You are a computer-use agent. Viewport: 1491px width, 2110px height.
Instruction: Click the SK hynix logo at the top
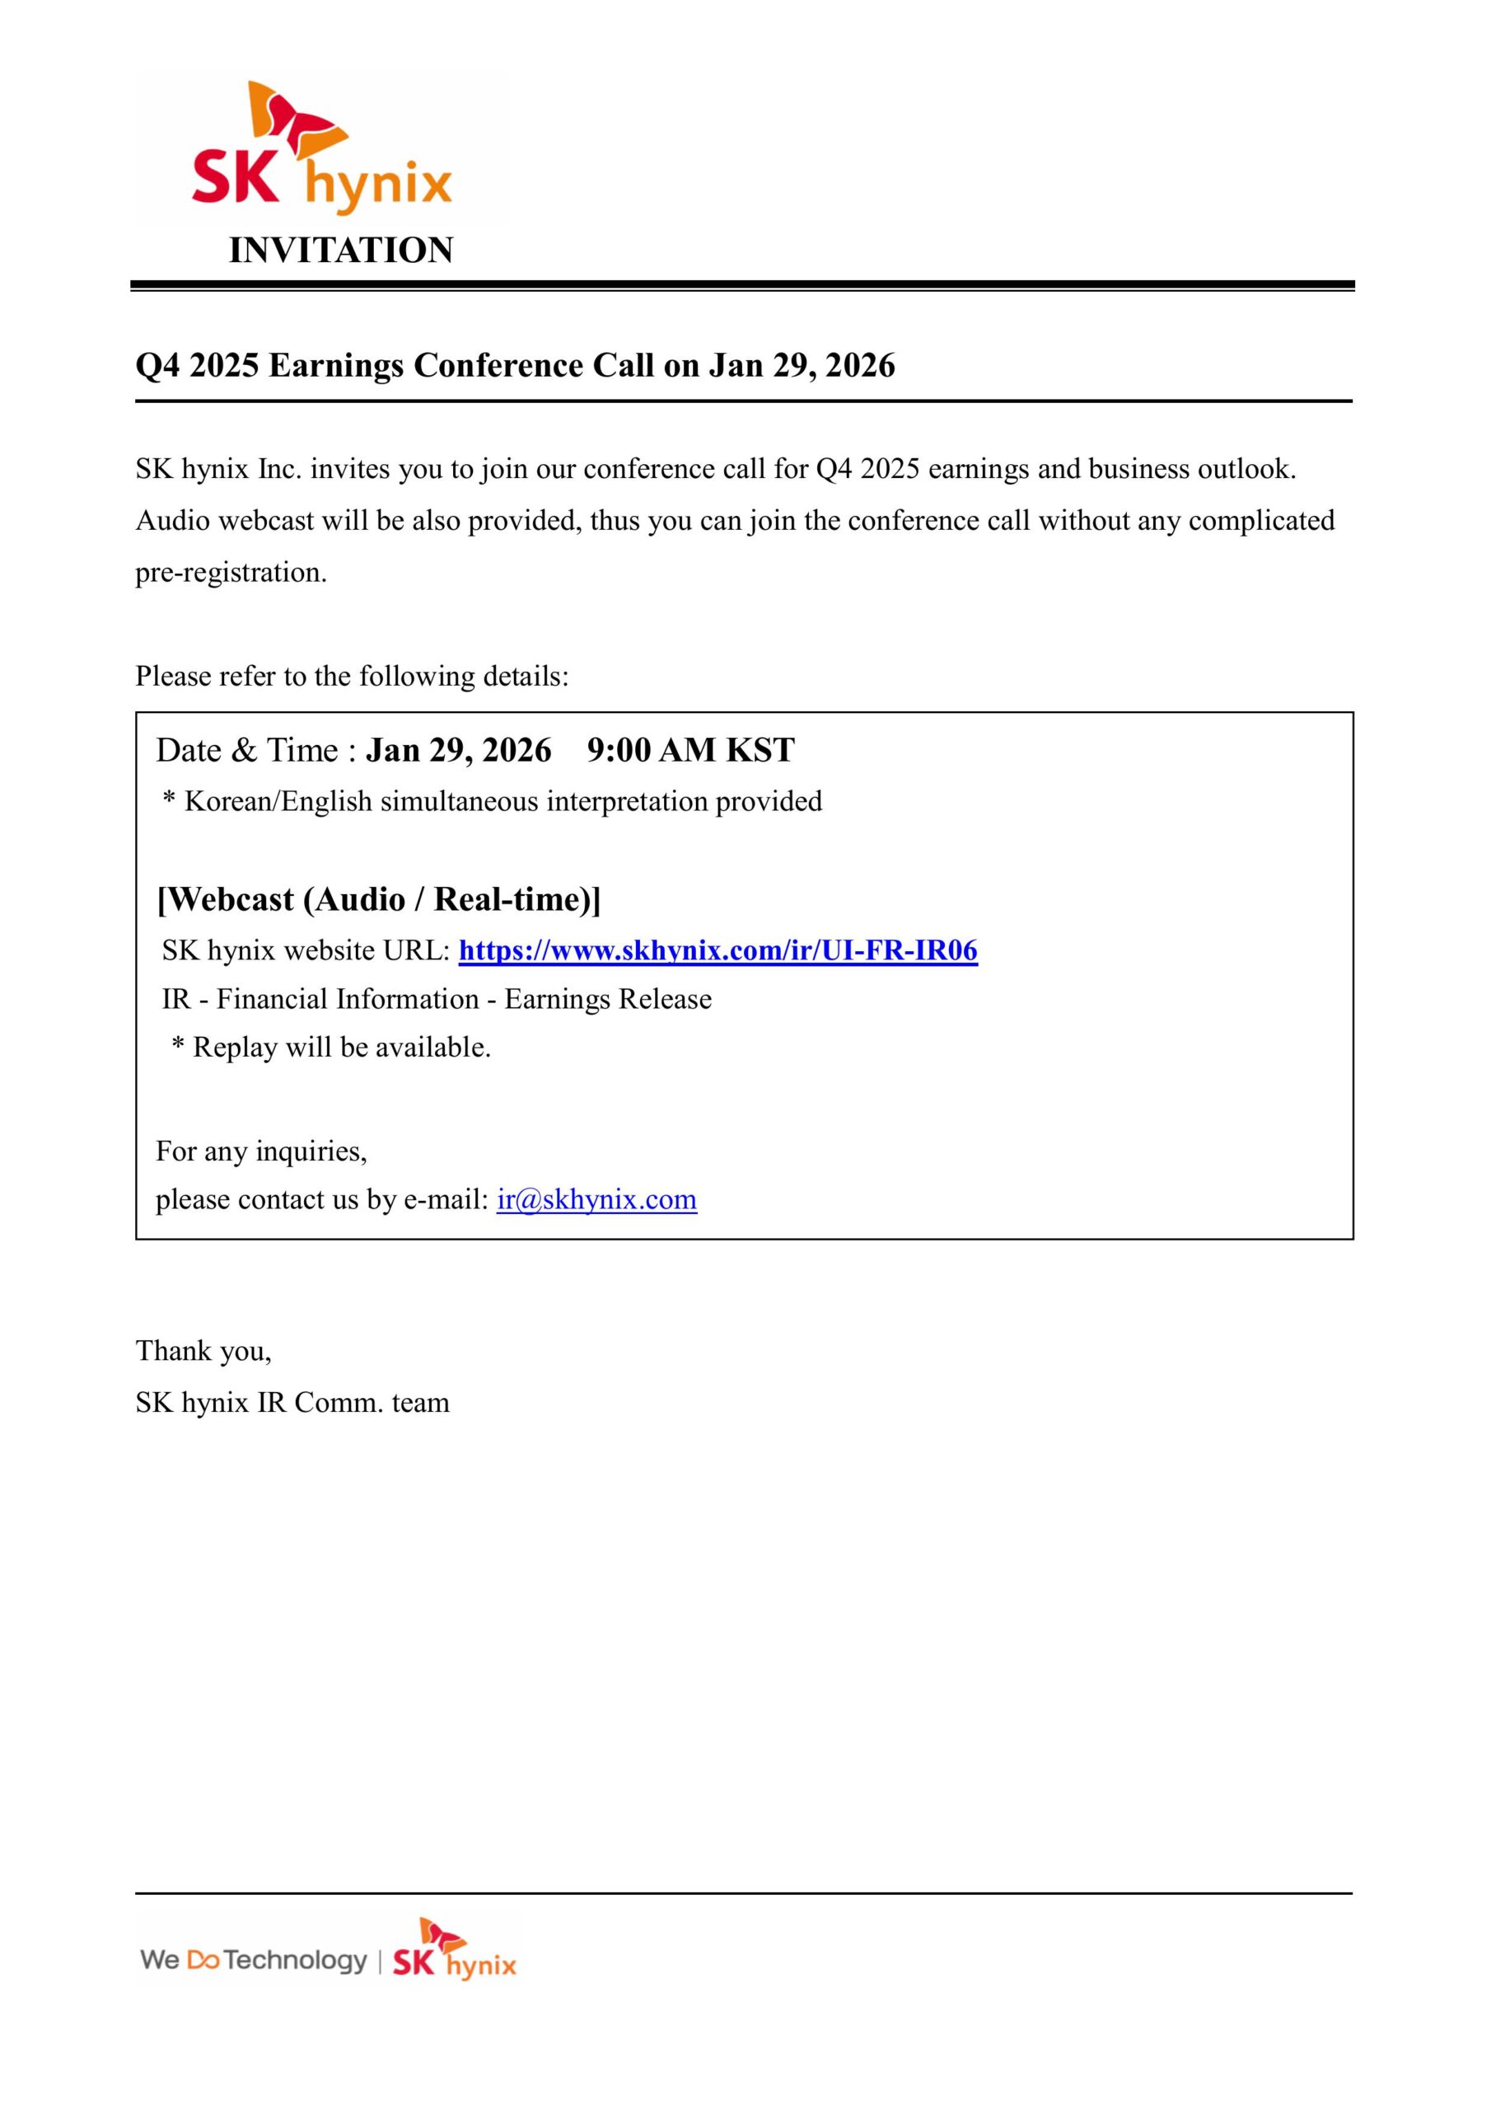click(x=321, y=152)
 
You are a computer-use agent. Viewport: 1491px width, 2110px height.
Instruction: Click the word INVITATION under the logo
click(x=341, y=251)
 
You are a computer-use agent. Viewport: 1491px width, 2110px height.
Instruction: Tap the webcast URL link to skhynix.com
click(x=717, y=950)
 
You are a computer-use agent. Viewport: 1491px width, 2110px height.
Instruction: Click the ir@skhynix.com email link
click(x=596, y=1199)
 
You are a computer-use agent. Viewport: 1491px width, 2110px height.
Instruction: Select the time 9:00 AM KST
click(x=691, y=751)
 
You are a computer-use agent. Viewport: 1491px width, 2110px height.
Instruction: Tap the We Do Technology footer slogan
click(x=253, y=1959)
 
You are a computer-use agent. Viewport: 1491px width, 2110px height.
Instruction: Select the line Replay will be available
click(x=342, y=1048)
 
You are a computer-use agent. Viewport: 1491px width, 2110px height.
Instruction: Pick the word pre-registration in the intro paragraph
click(x=231, y=573)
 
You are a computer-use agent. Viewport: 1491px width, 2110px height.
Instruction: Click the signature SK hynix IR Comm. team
click(x=292, y=1402)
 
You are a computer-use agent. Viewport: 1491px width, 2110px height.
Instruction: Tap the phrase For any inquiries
click(x=261, y=1151)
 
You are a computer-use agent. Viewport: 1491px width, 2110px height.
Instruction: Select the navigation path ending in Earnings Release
click(x=437, y=999)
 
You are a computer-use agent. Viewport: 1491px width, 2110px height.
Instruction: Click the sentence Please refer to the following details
click(x=352, y=677)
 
